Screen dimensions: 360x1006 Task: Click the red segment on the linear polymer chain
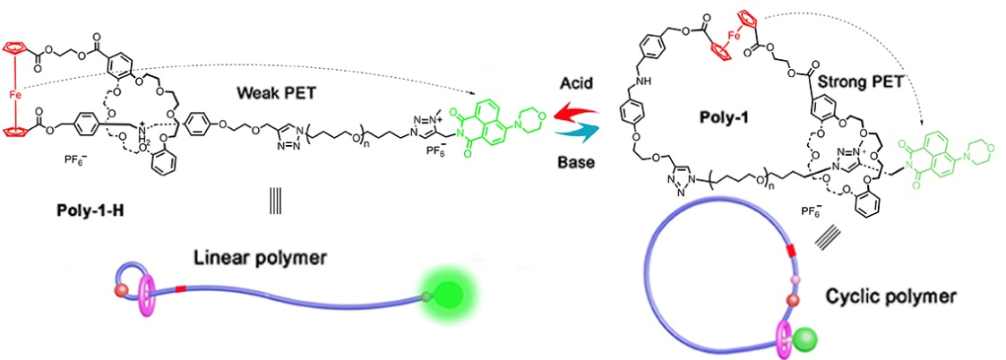pos(181,288)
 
